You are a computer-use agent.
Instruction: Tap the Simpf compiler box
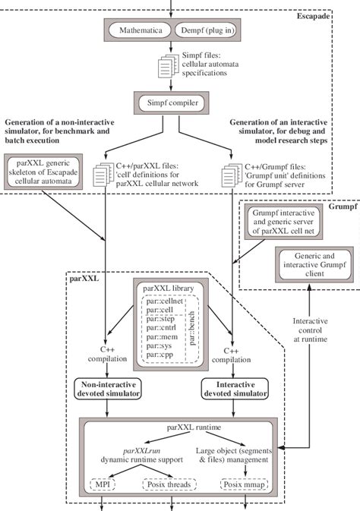coord(177,102)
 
